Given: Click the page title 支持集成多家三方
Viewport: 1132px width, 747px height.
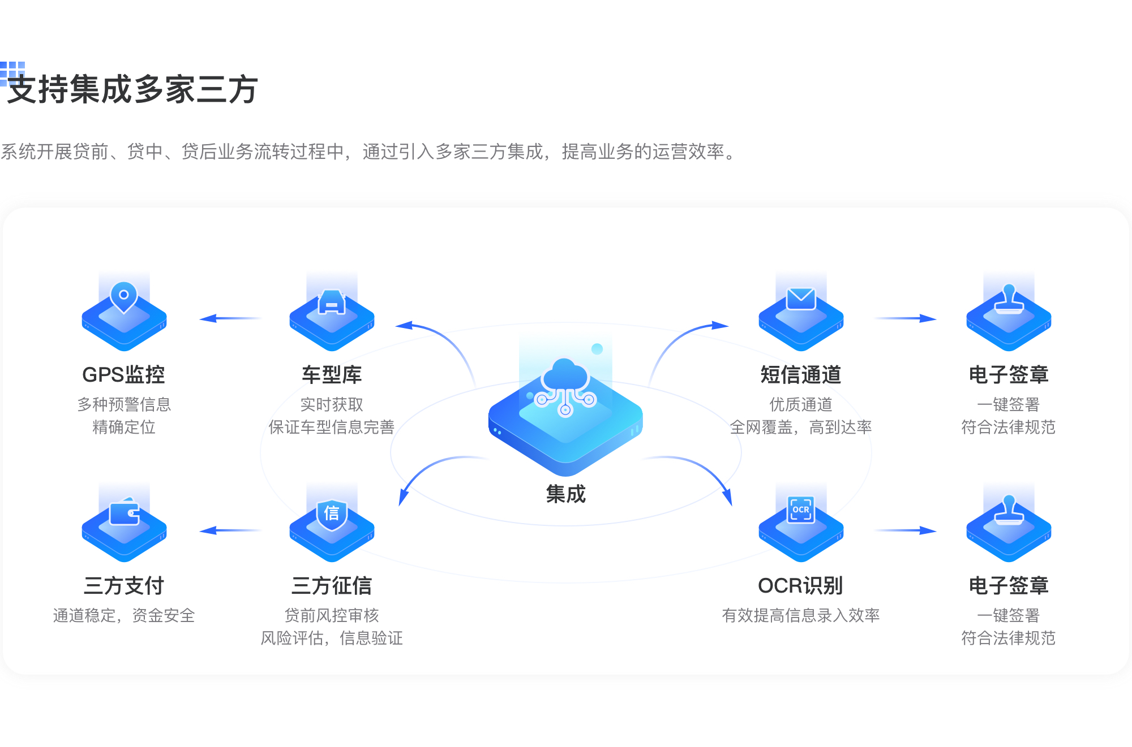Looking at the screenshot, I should pyautogui.click(x=132, y=90).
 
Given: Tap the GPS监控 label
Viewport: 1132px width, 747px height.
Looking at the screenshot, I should pyautogui.click(x=123, y=375).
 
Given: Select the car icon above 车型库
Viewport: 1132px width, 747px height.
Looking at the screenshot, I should pyautogui.click(x=332, y=301).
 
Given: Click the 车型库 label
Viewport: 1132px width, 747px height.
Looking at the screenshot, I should pyautogui.click(x=332, y=375).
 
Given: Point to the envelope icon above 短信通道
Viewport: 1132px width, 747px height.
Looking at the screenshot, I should pyautogui.click(x=801, y=299).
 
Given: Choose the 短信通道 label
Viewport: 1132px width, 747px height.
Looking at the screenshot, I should pyautogui.click(x=800, y=375).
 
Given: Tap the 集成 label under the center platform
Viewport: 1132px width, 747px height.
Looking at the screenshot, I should pyautogui.click(x=565, y=494).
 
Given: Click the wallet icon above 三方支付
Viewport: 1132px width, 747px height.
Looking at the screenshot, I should pyautogui.click(x=125, y=512).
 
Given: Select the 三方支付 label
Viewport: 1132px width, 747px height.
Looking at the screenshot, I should pyautogui.click(x=123, y=586).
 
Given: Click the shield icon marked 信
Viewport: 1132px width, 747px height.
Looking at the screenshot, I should pyautogui.click(x=332, y=513).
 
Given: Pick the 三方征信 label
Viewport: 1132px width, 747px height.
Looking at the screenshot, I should pyautogui.click(x=332, y=586).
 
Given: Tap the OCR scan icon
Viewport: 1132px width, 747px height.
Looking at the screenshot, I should pyautogui.click(x=801, y=509).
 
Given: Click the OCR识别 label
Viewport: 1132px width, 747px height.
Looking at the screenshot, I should pyautogui.click(x=800, y=586).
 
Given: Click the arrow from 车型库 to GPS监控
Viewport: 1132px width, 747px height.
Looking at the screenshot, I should pyautogui.click(x=229, y=318).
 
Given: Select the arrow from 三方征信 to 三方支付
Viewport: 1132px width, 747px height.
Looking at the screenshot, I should pyautogui.click(x=229, y=530).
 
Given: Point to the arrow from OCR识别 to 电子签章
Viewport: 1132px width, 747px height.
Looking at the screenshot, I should pyautogui.click(x=905, y=530).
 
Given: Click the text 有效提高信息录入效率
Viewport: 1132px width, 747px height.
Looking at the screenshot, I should pyautogui.click(x=800, y=615).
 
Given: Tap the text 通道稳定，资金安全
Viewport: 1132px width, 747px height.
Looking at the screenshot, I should pyautogui.click(x=123, y=615).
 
